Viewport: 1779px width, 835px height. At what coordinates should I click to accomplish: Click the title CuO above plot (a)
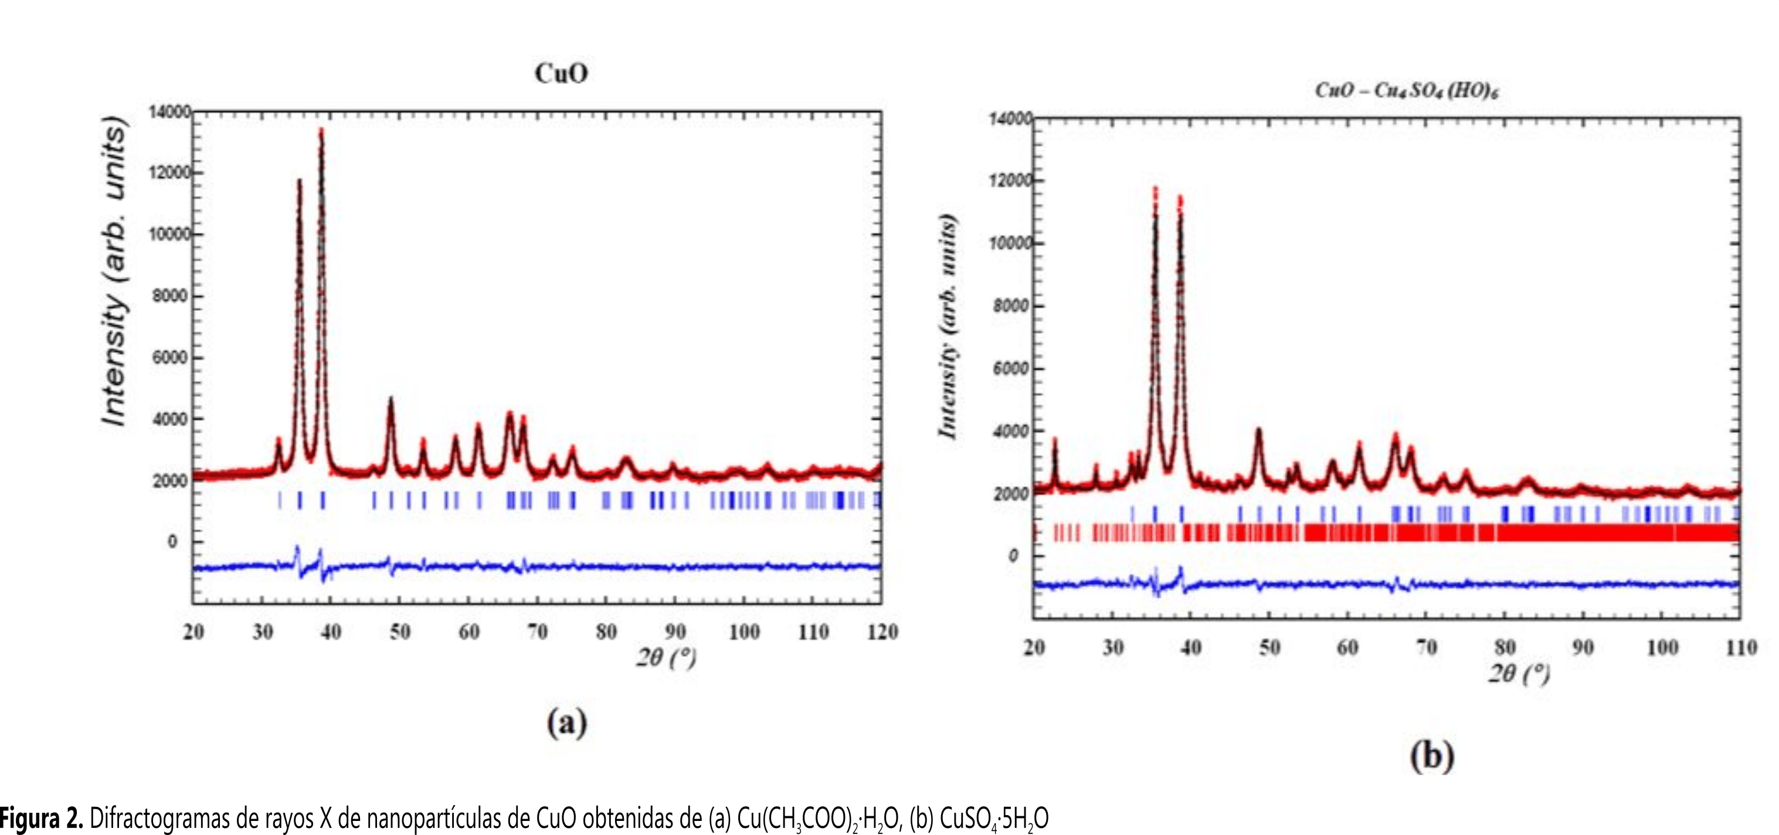561,73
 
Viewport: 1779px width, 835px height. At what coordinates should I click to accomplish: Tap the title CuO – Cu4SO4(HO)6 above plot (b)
1406,90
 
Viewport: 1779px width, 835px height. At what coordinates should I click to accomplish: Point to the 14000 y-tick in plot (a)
170,112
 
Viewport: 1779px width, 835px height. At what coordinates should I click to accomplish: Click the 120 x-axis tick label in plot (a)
882,632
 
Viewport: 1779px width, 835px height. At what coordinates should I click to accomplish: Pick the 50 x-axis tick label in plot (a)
400,632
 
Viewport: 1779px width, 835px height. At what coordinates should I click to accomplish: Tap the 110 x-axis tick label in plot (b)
1741,647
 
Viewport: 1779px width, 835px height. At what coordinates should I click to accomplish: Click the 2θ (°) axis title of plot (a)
666,657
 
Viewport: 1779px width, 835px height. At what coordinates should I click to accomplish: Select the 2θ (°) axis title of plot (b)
1519,673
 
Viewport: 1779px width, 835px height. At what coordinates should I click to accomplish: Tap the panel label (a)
567,723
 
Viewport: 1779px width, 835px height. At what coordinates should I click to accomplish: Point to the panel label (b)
1432,756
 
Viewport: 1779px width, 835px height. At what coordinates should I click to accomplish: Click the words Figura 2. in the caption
42,819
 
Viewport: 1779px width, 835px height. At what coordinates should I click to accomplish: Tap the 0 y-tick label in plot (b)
1013,556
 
